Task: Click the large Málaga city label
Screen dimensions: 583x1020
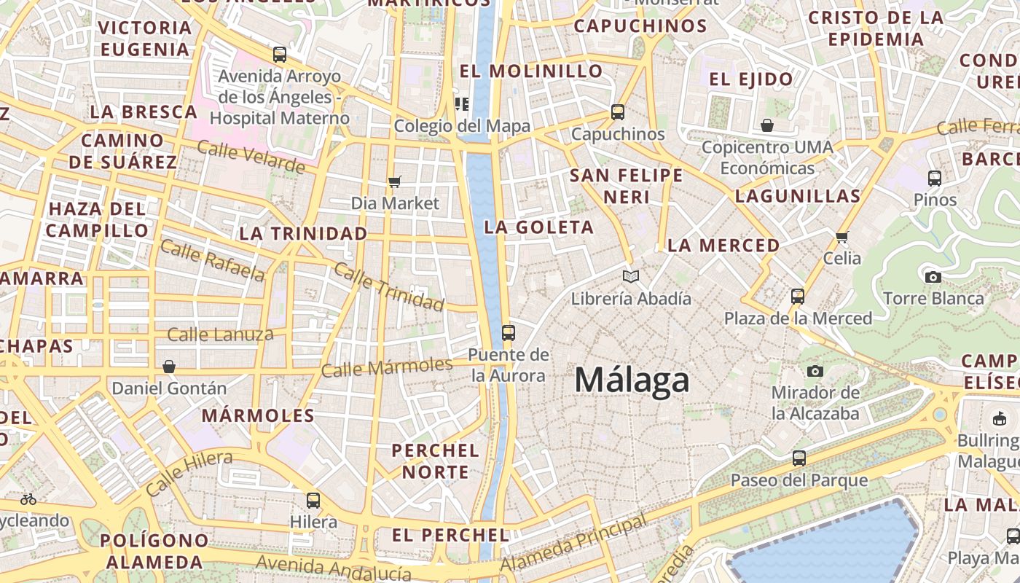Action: [x=632, y=380]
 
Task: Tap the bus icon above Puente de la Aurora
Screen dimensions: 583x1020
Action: [x=509, y=333]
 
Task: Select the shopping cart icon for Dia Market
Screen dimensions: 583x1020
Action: [x=395, y=181]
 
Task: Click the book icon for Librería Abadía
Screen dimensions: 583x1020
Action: [x=631, y=277]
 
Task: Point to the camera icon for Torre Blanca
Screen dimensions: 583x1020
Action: [x=933, y=277]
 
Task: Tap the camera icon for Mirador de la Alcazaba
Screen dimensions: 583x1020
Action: [x=815, y=372]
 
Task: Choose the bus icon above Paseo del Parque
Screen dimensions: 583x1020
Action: [x=799, y=458]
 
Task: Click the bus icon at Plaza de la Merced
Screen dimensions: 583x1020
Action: [x=798, y=297]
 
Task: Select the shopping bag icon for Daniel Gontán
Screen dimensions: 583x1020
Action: [x=169, y=366]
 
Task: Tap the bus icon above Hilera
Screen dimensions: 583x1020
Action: [x=313, y=500]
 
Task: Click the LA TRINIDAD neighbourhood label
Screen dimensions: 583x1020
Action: [x=303, y=234]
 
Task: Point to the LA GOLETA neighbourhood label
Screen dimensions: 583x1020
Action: [x=539, y=227]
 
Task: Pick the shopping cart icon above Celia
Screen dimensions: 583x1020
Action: [x=842, y=237]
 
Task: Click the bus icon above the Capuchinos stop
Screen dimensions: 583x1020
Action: [x=618, y=112]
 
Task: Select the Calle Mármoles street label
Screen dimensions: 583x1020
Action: [x=387, y=367]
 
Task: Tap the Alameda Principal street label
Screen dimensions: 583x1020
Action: [x=574, y=544]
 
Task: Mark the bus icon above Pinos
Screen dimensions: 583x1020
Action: [x=935, y=178]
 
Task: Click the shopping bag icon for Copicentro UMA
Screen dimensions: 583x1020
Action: [x=767, y=125]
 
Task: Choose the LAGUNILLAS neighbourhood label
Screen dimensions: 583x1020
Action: [x=798, y=196]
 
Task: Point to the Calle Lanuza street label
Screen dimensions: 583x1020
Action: [x=220, y=335]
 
